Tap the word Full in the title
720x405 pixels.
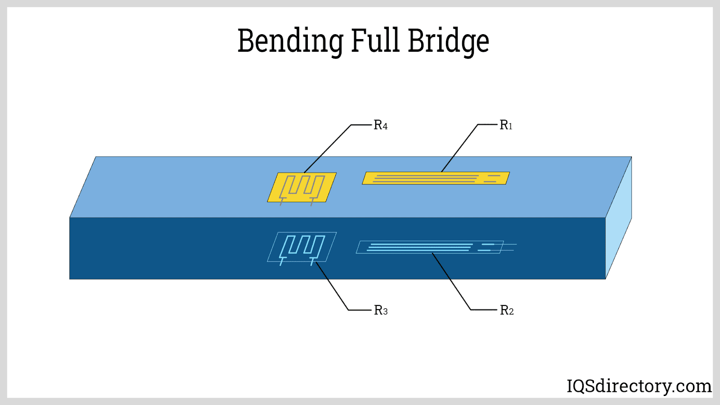coord(375,40)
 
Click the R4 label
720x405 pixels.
coord(381,125)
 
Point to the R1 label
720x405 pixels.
coord(506,125)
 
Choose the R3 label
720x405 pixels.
coord(381,310)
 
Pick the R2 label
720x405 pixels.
coord(507,310)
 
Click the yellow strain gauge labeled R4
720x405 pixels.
coord(301,187)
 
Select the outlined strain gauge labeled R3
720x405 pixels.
coord(301,247)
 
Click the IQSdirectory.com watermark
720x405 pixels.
coord(639,386)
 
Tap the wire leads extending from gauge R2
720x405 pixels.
coord(510,247)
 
